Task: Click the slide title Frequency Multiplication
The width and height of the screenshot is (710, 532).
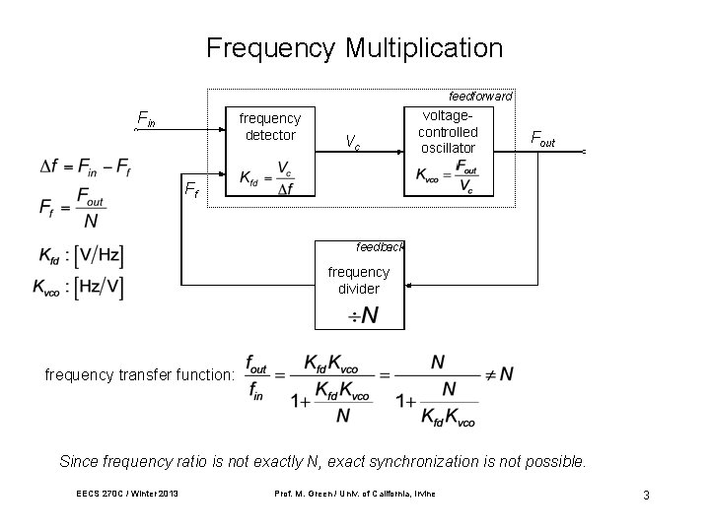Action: click(354, 48)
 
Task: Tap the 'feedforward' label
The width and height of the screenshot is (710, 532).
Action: click(480, 97)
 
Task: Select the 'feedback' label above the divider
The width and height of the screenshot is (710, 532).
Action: click(380, 246)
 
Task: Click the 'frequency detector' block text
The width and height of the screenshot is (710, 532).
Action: click(269, 126)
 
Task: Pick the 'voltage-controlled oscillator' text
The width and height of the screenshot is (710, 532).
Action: click(448, 131)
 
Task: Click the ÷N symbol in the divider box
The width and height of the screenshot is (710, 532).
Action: click(362, 315)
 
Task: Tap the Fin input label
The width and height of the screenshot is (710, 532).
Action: click(145, 121)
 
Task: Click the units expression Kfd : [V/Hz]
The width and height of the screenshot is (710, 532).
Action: click(81, 256)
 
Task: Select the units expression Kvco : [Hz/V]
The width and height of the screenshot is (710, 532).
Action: click(78, 288)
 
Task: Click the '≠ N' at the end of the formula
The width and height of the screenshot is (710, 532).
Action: click(498, 373)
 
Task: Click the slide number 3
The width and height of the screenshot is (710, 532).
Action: click(645, 496)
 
